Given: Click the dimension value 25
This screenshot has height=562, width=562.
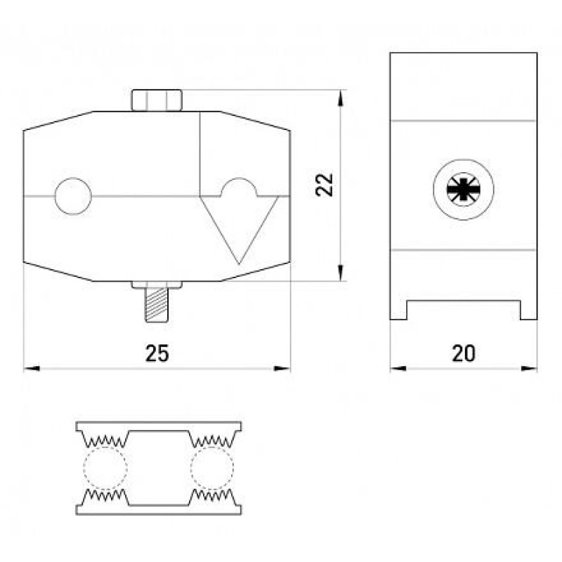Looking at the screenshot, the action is coord(157,353).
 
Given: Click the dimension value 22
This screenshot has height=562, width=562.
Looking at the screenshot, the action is coord(325,185).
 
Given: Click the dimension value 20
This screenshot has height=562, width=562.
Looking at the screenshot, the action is coord(464,353).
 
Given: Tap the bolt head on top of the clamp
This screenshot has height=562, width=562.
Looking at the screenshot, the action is coord(157,100).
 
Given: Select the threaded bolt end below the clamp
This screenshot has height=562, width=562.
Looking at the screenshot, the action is coord(157,305).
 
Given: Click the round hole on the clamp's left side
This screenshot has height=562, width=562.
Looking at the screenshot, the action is coord(73,196).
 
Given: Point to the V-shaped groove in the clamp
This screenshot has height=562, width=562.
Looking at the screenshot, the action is coord(239,230).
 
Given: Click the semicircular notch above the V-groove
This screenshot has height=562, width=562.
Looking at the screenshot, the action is coord(239,187).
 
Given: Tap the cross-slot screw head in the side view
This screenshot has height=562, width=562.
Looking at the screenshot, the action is coord(464,189).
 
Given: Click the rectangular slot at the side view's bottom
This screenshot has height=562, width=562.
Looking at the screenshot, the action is coord(464,310).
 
